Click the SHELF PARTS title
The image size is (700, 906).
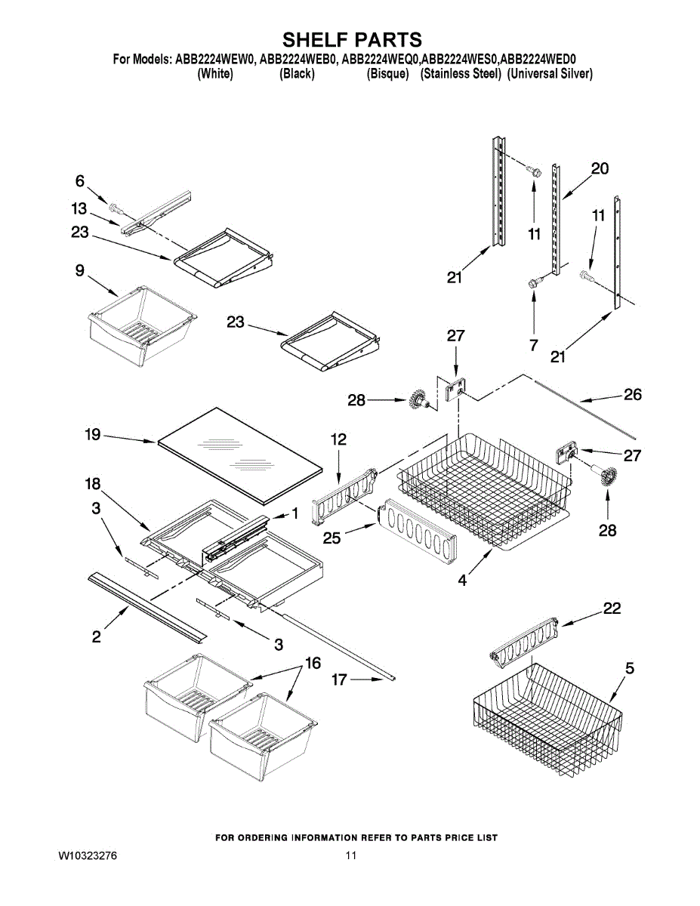[x=351, y=39]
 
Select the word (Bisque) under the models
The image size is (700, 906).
[x=388, y=74]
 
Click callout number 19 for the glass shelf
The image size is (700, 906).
[x=93, y=436]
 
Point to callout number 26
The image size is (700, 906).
[x=632, y=394]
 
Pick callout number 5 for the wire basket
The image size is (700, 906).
[x=629, y=668]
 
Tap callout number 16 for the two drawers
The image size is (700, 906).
[x=313, y=664]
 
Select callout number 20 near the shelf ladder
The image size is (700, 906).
[x=599, y=169]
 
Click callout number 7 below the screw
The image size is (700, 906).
[x=534, y=345]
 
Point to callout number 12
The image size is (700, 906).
[x=339, y=439]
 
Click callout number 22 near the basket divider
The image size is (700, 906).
[x=612, y=609]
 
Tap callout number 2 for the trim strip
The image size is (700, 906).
[x=97, y=636]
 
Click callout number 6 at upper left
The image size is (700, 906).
[x=79, y=180]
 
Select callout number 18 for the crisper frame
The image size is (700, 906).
[x=93, y=484]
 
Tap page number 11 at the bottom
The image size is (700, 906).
[x=350, y=856]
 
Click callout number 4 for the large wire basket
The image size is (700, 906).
[x=462, y=581]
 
